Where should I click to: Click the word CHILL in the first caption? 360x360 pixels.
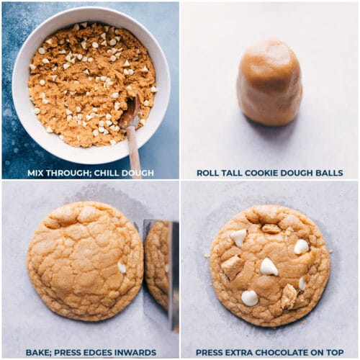(x=107, y=173)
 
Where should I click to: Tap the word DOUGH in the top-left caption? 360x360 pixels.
(x=138, y=173)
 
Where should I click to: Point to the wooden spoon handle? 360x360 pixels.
(x=134, y=151)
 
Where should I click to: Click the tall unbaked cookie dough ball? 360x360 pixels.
(x=269, y=84)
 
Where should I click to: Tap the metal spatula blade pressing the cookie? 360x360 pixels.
(x=161, y=274)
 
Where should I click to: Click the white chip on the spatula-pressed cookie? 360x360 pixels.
(x=122, y=267)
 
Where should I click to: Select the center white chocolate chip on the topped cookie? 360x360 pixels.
(x=269, y=266)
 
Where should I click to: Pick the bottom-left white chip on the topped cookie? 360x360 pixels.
(x=250, y=298)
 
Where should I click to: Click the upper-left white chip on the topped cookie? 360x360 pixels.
(x=239, y=237)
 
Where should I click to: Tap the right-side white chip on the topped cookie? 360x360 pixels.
(x=301, y=247)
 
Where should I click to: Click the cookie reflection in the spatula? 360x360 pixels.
(x=156, y=264)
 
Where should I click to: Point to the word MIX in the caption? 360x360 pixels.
(x=35, y=173)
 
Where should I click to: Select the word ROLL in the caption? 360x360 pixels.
(x=207, y=173)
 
